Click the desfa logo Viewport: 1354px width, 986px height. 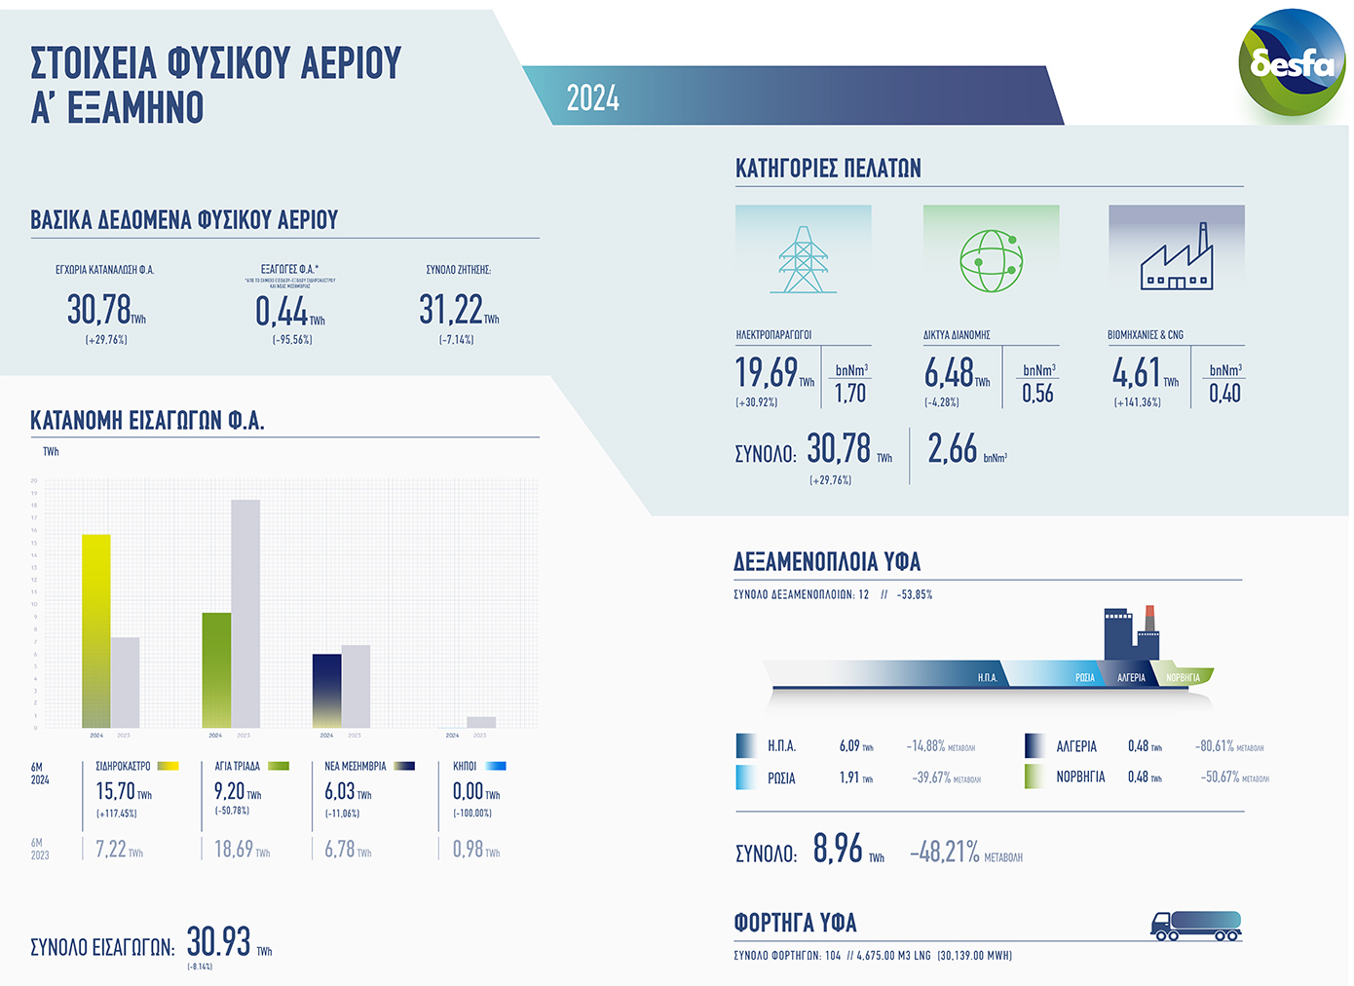[x=1292, y=63]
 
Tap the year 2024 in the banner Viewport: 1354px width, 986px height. [x=592, y=98]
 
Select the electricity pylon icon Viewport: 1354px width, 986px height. [x=803, y=259]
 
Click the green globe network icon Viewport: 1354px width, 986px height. [x=991, y=260]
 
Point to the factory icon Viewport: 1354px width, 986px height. [x=1177, y=259]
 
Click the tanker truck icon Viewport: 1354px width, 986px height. [x=1196, y=926]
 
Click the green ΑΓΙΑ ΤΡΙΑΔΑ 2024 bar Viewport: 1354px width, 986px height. [x=216, y=669]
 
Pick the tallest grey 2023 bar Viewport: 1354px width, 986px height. [x=245, y=613]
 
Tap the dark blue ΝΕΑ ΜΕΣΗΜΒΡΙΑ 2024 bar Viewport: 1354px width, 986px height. [x=326, y=690]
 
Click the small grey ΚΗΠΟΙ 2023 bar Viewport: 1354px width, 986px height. [x=481, y=722]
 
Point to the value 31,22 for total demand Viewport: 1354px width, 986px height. [x=451, y=310]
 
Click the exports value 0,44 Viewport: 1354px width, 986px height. [x=282, y=311]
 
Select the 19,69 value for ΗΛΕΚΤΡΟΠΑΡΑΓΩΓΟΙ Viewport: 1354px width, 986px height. [x=767, y=372]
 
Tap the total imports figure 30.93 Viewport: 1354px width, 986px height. [x=219, y=941]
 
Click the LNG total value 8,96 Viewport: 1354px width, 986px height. [x=838, y=849]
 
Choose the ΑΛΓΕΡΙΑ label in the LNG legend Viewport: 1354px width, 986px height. [x=1076, y=746]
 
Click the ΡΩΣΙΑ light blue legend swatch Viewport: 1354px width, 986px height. [x=745, y=777]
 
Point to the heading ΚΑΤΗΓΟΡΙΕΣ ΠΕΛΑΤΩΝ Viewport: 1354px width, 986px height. [x=828, y=169]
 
